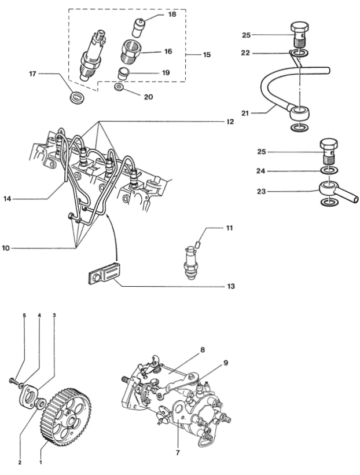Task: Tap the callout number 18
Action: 172,14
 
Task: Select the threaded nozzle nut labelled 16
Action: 131,51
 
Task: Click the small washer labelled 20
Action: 119,87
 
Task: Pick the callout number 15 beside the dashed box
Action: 207,54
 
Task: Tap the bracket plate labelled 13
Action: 104,273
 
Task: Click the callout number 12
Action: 230,122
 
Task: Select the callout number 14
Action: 8,199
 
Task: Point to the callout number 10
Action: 6,249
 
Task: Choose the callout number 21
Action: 245,113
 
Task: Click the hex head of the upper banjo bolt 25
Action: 300,28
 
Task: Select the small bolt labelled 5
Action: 12,379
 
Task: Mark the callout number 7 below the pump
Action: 178,452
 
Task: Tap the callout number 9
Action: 226,363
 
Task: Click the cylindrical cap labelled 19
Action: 123,74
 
